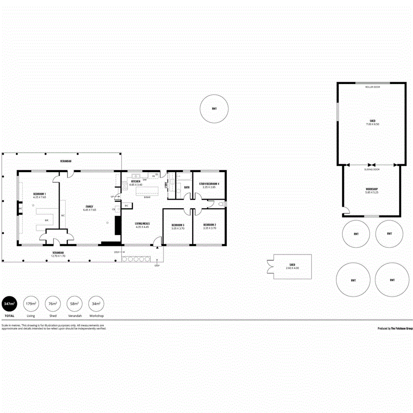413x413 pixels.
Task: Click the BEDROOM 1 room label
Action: pos(39,194)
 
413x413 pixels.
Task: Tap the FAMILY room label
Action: pos(89,206)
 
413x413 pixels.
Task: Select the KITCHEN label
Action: pos(136,182)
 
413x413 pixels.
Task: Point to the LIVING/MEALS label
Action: pos(143,223)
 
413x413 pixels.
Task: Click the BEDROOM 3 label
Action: pos(178,225)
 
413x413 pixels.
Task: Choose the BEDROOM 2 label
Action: pos(209,225)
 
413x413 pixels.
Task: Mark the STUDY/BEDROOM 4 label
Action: pos(209,184)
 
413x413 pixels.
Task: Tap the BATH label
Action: pos(187,187)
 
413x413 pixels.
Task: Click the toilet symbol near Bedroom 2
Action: pos(221,204)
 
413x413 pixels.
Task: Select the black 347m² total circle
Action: pos(10,304)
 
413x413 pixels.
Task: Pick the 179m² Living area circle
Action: pos(31,304)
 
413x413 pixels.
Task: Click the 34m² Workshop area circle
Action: pos(96,304)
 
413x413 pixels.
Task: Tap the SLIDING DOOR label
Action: pos(372,169)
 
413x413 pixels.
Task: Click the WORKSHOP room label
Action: pos(372,189)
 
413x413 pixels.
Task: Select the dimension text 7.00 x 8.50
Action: pos(373,124)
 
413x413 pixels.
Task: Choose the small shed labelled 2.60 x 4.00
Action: pos(292,266)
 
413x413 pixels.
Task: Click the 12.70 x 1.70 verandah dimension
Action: pos(58,256)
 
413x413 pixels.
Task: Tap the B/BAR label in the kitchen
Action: pos(147,197)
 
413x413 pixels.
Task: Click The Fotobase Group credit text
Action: pos(395,329)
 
